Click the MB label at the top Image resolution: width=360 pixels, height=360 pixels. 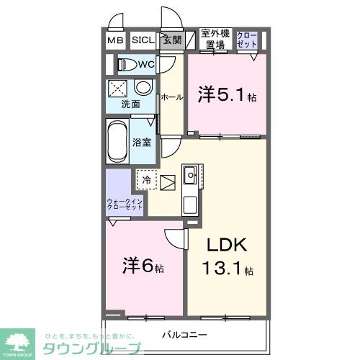(116, 40)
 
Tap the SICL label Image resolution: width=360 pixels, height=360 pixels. (143, 40)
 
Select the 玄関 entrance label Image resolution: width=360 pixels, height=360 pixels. (171, 40)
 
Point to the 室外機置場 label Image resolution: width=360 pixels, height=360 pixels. (214, 40)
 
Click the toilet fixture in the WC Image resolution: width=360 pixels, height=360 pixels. (127, 65)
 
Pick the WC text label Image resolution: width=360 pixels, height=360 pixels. (147, 65)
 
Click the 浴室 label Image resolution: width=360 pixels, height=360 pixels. (142, 142)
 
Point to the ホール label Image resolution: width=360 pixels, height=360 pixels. (171, 96)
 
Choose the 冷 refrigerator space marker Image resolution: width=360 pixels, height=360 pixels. (147, 179)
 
